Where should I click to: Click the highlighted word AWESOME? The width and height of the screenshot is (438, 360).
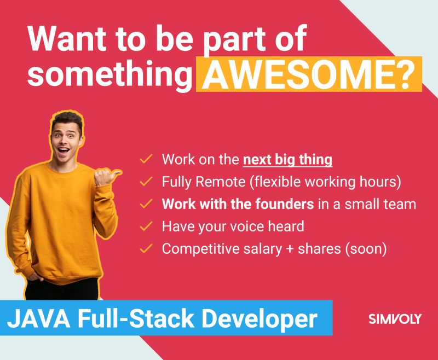coord(309,74)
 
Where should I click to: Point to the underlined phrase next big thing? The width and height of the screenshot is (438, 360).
coord(287,160)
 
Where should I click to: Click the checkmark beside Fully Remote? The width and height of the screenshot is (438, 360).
coord(146,181)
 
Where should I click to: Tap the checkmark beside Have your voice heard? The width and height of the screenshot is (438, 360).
coord(146,225)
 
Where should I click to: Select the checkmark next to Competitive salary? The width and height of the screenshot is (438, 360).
coord(146,248)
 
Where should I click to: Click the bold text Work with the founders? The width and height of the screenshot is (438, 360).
coord(238,204)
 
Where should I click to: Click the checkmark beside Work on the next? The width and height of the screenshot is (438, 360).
coord(146,159)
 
